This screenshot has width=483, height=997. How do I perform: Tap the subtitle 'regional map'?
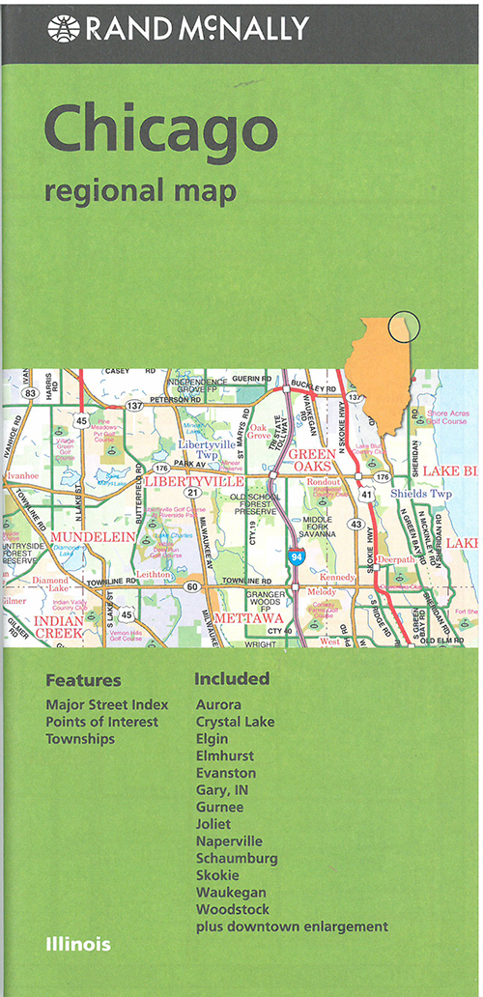(140, 190)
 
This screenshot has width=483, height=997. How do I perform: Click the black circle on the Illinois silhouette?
(404, 327)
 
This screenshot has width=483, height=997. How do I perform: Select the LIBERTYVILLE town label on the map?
(193, 480)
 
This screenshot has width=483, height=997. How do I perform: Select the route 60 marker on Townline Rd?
(192, 586)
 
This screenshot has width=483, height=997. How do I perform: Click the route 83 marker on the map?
(31, 392)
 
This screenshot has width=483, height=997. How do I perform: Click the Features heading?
(83, 679)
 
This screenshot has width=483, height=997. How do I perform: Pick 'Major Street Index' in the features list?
(107, 704)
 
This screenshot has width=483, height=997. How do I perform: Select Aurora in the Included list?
(218, 704)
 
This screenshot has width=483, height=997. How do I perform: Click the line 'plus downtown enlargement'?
(292, 926)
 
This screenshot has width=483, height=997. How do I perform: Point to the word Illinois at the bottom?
(77, 944)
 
